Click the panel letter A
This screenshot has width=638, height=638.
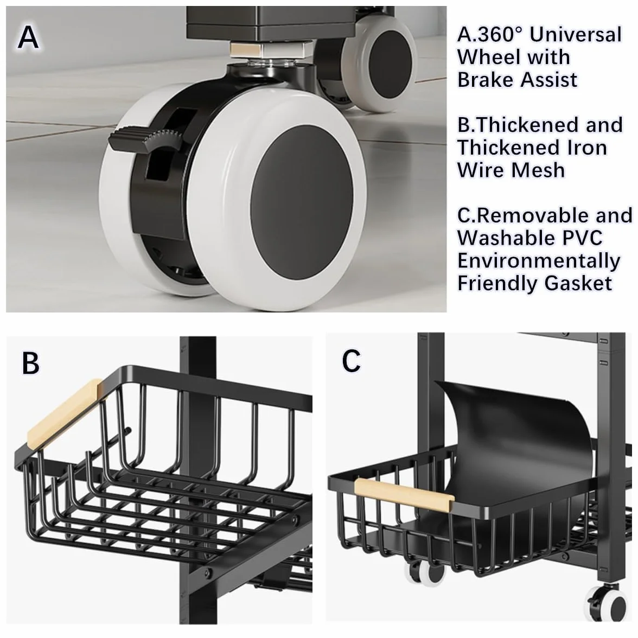(x=28, y=37)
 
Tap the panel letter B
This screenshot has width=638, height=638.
(x=30, y=363)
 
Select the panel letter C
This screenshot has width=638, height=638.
(x=351, y=360)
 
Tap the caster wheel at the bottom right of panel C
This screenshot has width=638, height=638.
(x=607, y=604)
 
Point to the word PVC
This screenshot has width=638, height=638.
(x=582, y=238)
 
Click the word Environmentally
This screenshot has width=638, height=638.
(x=539, y=261)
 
